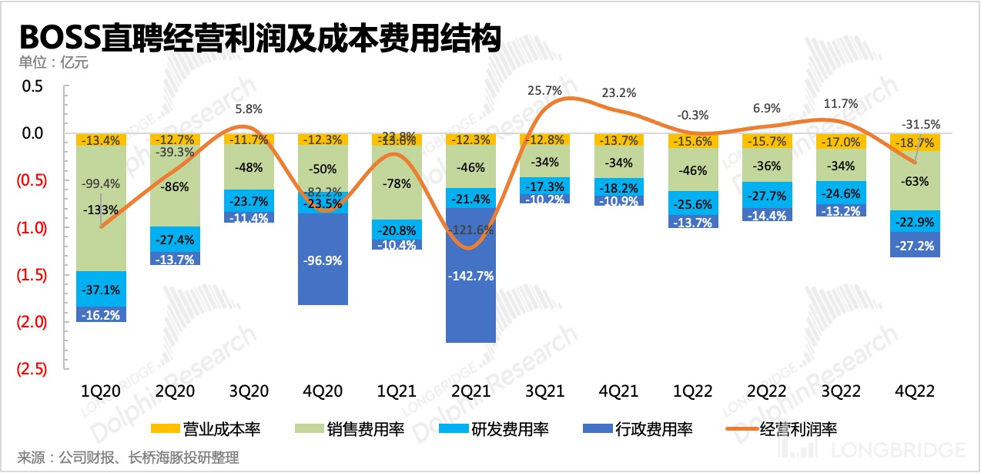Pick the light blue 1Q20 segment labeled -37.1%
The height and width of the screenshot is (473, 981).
coord(102,289)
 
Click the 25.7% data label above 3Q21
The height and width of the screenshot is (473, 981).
coord(544,91)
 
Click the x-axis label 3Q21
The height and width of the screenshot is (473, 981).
coord(545,391)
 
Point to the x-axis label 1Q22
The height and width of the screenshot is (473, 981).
coord(693,391)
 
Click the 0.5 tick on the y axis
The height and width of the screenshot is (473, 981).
coord(32,86)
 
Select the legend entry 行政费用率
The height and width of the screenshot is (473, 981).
coord(639,428)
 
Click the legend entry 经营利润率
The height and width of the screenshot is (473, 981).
coord(784,428)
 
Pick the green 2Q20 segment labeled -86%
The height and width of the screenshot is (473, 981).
coord(176,186)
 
